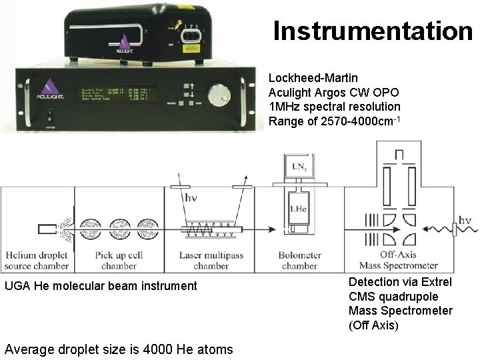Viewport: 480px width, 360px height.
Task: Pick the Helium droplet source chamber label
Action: tap(37, 261)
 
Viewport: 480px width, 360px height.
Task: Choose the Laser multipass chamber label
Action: tap(211, 261)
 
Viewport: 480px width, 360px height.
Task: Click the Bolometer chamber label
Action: tap(299, 261)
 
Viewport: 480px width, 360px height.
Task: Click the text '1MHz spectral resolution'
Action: tap(334, 107)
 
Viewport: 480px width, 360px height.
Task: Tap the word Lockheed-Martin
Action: tap(313, 78)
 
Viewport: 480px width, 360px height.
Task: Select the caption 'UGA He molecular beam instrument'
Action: tap(101, 286)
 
